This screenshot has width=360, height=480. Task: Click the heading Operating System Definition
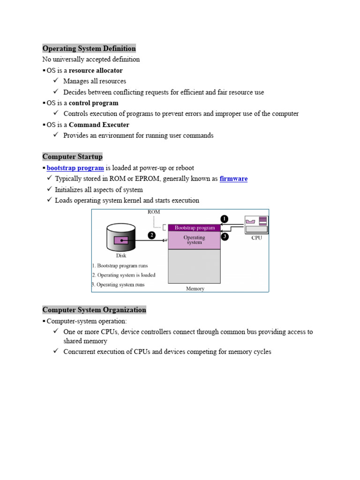pyautogui.click(x=89, y=48)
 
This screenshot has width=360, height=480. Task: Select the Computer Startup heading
pyautogui.click(x=72, y=157)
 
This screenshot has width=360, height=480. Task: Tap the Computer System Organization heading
pyautogui.click(x=94, y=310)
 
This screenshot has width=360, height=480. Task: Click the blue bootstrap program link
pyautogui.click(x=75, y=168)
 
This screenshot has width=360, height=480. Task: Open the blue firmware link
pyautogui.click(x=233, y=179)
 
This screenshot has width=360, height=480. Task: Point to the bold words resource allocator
pyautogui.click(x=96, y=70)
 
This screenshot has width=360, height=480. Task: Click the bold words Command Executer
pyautogui.click(x=99, y=125)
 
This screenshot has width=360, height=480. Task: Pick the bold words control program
pyautogui.click(x=94, y=103)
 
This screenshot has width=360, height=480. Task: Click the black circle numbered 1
pyautogui.click(x=225, y=218)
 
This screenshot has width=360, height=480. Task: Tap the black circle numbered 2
pyautogui.click(x=152, y=236)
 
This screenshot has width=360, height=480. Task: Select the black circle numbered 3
pyautogui.click(x=225, y=237)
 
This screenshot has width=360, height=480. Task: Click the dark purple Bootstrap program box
pyautogui.click(x=194, y=228)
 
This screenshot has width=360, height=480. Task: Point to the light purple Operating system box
pyautogui.click(x=194, y=240)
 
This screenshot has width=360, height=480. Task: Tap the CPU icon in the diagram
pyautogui.click(x=256, y=224)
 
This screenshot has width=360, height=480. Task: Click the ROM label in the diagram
pyautogui.click(x=154, y=212)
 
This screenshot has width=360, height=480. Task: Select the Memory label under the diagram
pyautogui.click(x=195, y=289)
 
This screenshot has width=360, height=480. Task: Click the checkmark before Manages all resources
pyautogui.click(x=55, y=81)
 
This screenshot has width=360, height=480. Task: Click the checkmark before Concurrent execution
pyautogui.click(x=55, y=352)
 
